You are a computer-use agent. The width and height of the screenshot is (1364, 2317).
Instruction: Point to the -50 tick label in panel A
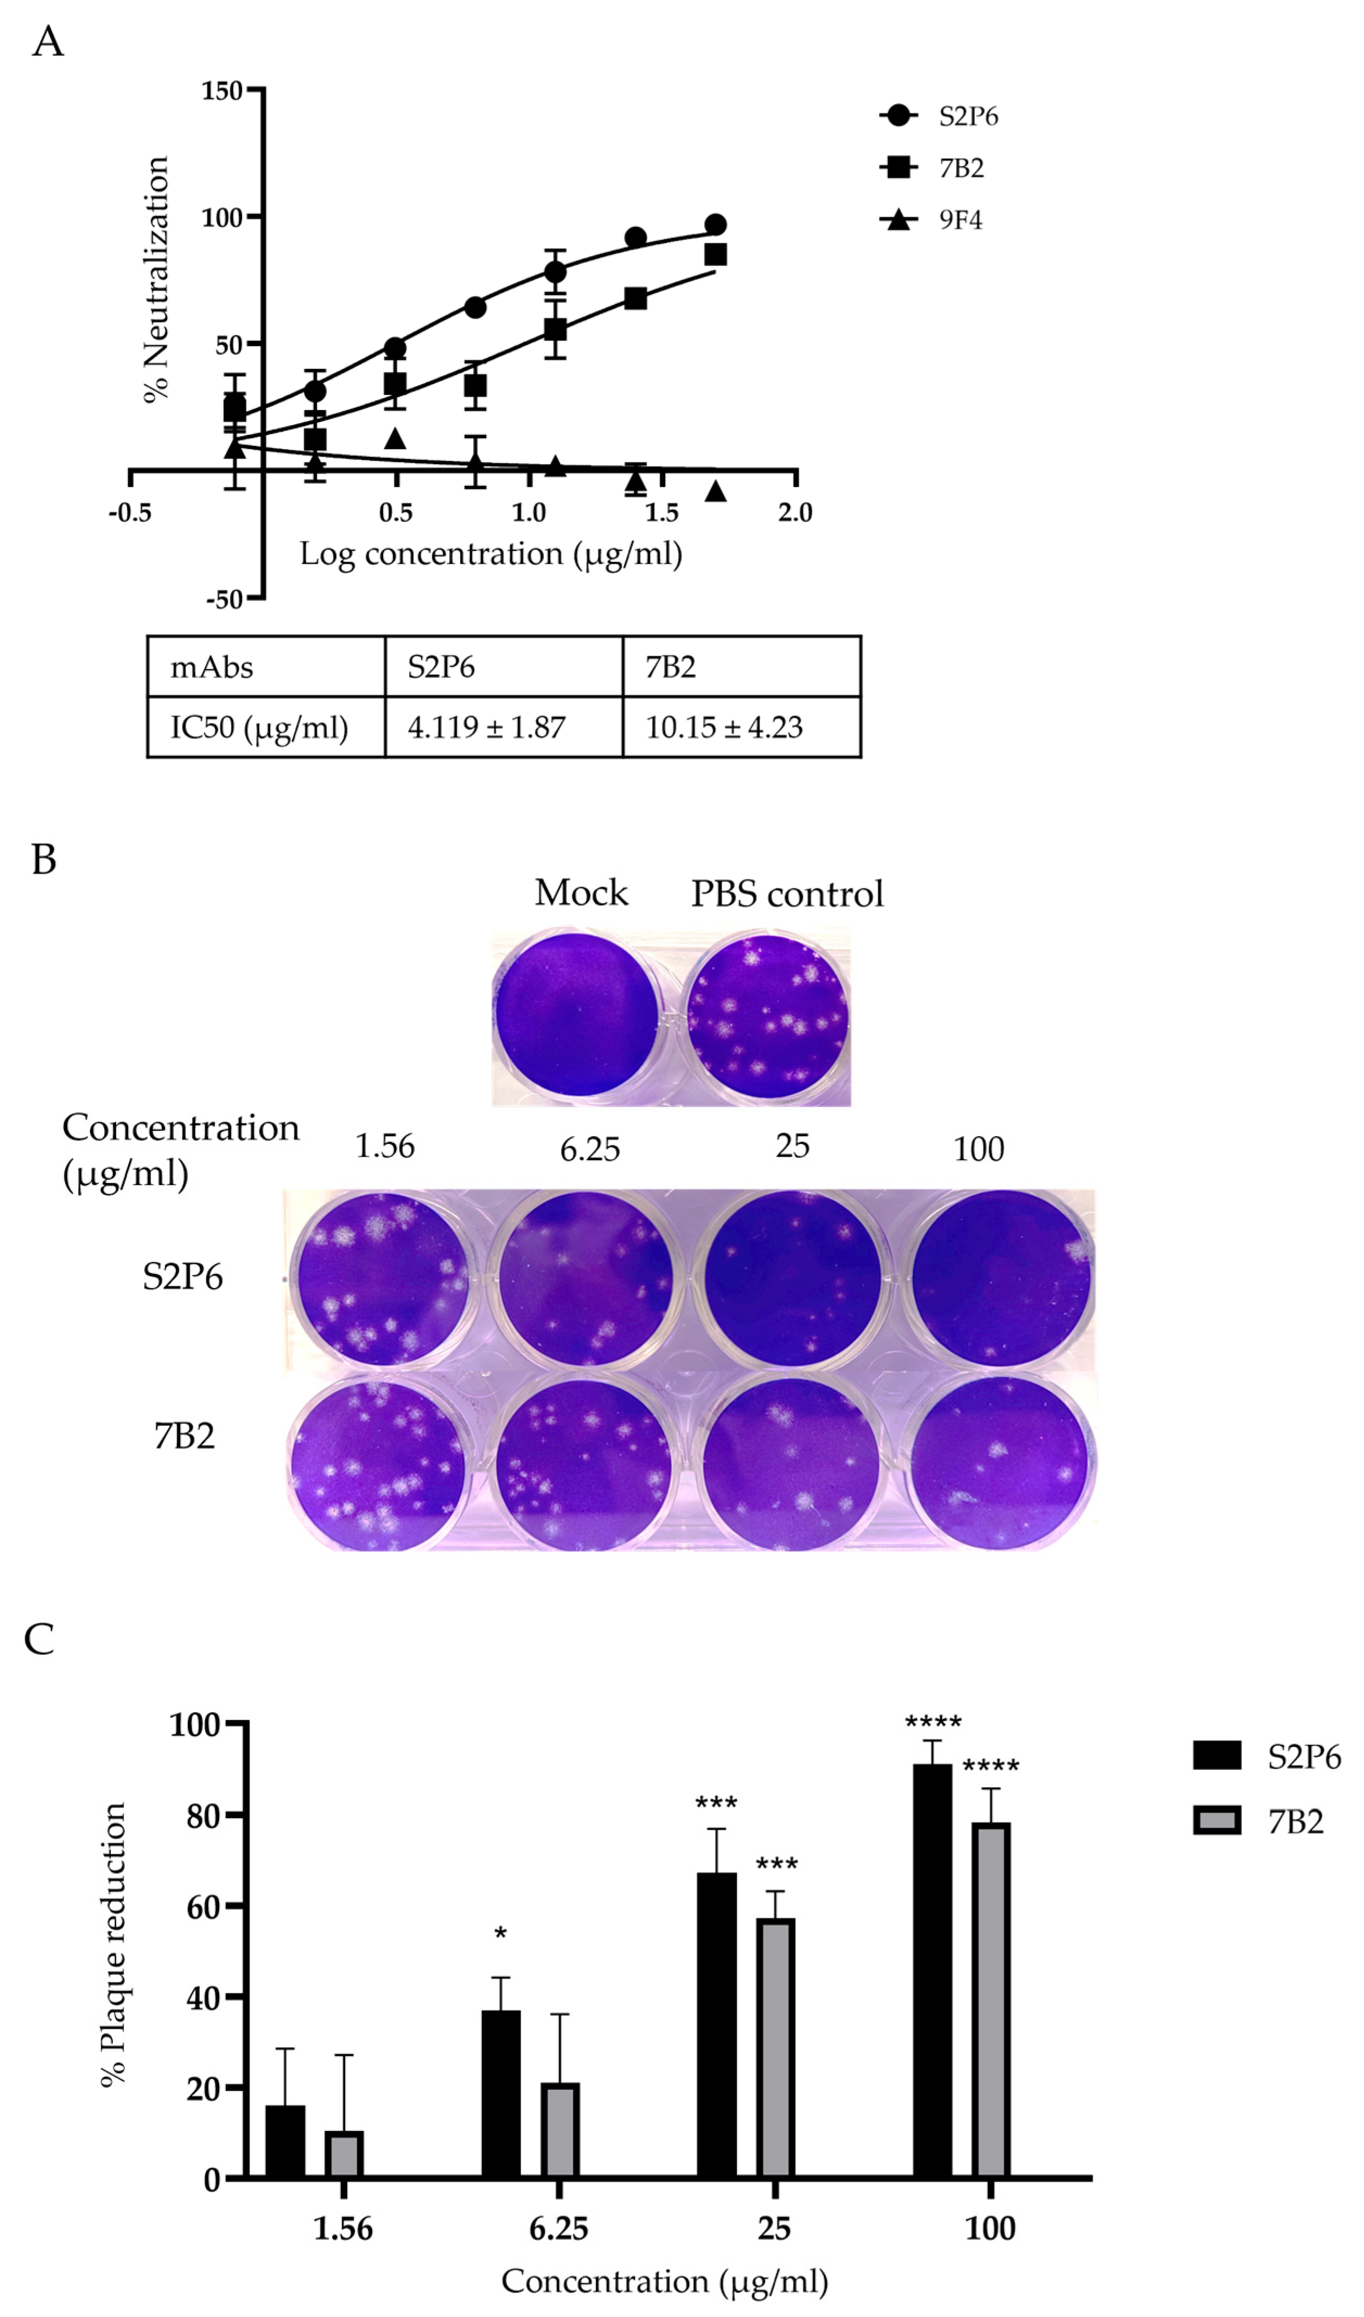[x=224, y=599]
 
